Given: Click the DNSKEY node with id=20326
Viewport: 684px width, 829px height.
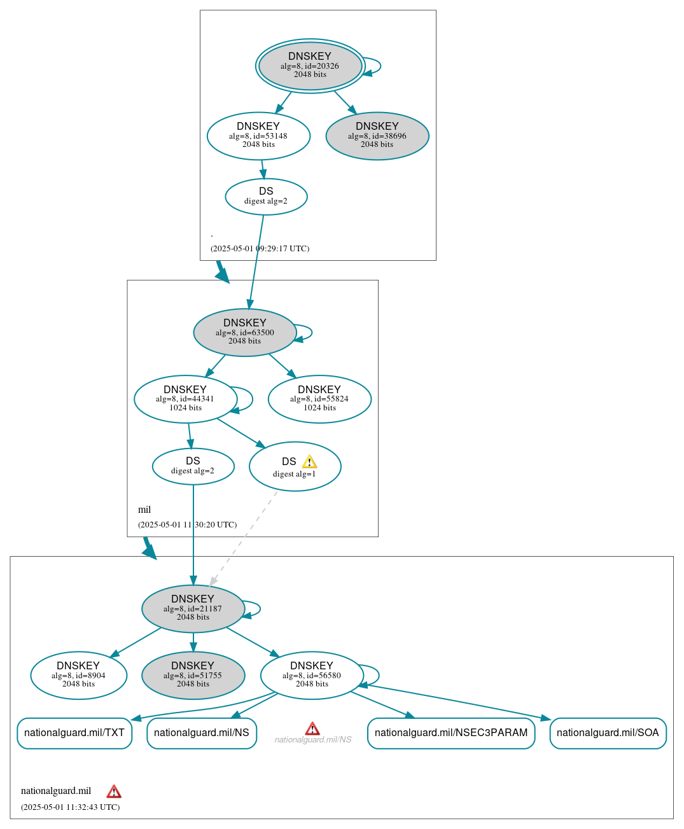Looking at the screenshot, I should [310, 66].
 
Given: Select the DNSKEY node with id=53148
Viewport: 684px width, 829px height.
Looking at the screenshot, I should [258, 136].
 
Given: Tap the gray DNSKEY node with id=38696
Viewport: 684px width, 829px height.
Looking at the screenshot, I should [377, 136].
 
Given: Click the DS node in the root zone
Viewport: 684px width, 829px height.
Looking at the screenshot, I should [266, 197].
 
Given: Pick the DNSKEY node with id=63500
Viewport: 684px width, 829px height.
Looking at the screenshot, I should [245, 333].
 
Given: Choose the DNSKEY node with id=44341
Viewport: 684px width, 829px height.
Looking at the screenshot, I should [185, 399].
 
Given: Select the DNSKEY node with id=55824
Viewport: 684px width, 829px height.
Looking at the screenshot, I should [319, 399].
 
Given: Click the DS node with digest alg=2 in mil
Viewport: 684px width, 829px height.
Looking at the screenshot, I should [193, 466].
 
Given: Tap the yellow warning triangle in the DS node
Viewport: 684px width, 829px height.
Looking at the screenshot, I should [309, 462].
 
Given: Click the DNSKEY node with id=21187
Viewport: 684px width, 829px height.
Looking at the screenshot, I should [193, 609].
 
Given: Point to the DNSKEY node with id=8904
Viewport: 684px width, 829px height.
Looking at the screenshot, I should [78, 676].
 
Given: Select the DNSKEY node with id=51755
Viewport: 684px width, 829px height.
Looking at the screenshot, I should [193, 676].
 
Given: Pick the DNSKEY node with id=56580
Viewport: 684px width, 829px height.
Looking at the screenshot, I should [312, 676].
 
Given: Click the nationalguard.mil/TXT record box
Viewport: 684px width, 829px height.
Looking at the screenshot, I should [74, 733].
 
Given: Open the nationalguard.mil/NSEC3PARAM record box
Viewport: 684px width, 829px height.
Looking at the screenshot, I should [451, 733].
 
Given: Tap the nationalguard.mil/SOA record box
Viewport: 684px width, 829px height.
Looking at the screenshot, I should [608, 733].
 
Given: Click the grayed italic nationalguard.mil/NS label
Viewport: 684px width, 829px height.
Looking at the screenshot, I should [313, 740].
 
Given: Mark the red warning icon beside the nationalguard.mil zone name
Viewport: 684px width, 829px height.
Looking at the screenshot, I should [114, 791].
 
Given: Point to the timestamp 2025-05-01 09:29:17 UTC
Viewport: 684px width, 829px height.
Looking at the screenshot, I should [260, 249].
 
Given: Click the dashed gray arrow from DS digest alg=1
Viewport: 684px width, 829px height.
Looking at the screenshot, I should [244, 538].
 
